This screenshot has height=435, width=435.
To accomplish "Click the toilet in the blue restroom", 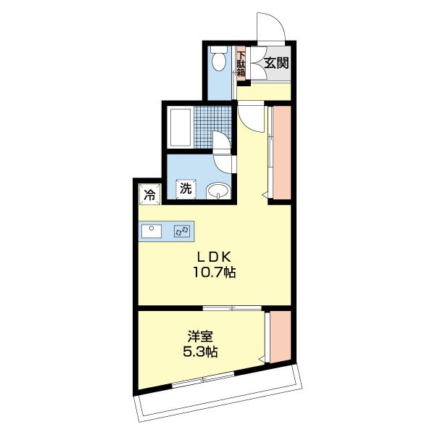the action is pos(219,59).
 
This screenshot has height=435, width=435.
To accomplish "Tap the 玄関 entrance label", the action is pos(276,63).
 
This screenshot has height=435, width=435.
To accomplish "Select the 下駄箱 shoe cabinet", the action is pos(241,64).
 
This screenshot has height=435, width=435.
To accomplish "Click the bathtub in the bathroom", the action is pos(181,127).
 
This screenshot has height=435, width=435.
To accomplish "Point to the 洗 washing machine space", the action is pos(186,189).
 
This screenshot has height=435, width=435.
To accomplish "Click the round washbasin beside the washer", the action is pos(218,191).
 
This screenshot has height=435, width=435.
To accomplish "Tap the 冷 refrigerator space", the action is pos(150,194).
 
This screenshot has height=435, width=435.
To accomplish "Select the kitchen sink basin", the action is pos(152,231).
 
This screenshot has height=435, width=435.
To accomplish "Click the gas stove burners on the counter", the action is pos(182,231).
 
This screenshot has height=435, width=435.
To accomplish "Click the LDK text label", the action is pos(214,257).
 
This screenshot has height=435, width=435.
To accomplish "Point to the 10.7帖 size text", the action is pos(214,273).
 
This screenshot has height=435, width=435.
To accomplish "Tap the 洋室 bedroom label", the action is pos(200,336).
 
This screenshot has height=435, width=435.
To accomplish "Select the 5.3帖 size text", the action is pos(200,352).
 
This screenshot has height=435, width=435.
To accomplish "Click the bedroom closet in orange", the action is pos(280,336).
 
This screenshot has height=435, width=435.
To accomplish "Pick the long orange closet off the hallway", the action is pos(282,152).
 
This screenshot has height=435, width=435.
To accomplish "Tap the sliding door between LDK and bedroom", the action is pos(232,307).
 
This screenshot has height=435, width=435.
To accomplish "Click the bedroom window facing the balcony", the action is pos(203,379).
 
